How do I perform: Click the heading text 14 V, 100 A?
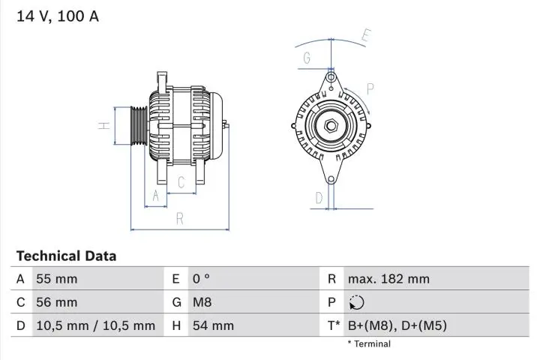coord(58,16)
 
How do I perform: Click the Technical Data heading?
coord(66,256)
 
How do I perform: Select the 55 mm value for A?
coord(56,279)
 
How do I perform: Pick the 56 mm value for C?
coord(56,302)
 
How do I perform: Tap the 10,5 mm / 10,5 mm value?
coord(95,325)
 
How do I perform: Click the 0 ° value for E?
coord(201,279)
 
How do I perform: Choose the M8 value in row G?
coord(203,302)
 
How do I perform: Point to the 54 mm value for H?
coord(213,325)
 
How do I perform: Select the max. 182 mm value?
coord(388,279)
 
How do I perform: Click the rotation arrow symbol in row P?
coord(356,303)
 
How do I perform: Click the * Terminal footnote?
coord(368,344)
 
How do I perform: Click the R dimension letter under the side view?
coord(180,219)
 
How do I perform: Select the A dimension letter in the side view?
coord(155,196)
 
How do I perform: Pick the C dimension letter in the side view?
coord(181,181)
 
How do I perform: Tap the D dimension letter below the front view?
coord(319,198)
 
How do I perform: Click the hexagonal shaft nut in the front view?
coord(330,125)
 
